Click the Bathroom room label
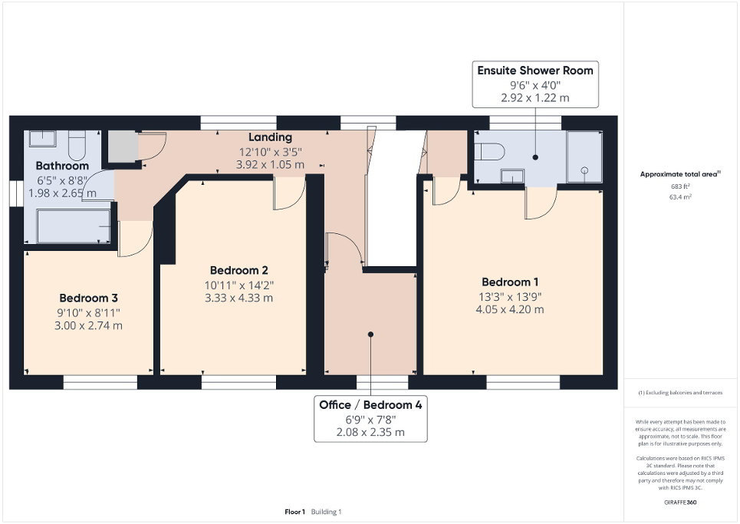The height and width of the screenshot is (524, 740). coord(62,166)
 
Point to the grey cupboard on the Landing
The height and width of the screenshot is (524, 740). coord(120,146)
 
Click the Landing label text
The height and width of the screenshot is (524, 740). coord(271,137)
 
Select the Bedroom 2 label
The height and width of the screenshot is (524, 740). coord(238,270)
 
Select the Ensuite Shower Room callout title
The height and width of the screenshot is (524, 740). coord(534,71)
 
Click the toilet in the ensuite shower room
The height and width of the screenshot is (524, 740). coord(489,151)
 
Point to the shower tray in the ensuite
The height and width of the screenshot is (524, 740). coord(584,157)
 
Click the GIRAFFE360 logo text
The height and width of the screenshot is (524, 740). coord(681,503)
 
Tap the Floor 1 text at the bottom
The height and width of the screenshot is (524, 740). coord(295,512)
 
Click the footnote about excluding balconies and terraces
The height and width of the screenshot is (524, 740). coord(681,392)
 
